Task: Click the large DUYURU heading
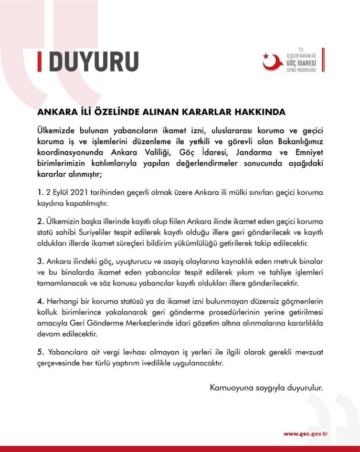pyautogui.click(x=94, y=61)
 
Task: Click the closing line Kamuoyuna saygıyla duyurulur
pyautogui.click(x=266, y=388)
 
